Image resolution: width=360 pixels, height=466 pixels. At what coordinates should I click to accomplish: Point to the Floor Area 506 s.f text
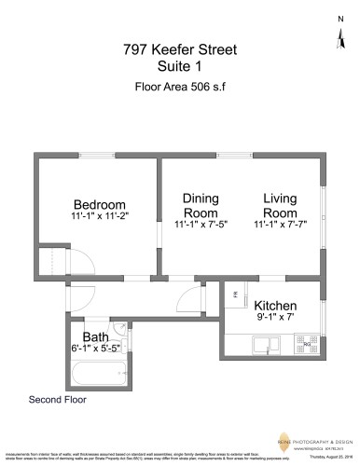coord(180,91)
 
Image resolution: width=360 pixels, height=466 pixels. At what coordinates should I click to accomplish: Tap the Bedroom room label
coord(99,205)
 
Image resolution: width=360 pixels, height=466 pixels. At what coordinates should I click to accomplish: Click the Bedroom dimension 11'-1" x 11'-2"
coord(99,216)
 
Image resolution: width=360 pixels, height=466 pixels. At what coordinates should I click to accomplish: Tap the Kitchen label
coord(275,306)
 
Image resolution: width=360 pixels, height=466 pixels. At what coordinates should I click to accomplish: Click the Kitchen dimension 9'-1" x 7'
coord(275,317)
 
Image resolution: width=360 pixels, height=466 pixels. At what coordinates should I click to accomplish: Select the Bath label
coord(96,336)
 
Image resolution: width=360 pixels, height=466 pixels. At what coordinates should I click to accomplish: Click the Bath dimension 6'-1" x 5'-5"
coord(96,348)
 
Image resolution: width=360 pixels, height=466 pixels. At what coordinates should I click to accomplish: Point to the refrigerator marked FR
coord(235,295)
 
